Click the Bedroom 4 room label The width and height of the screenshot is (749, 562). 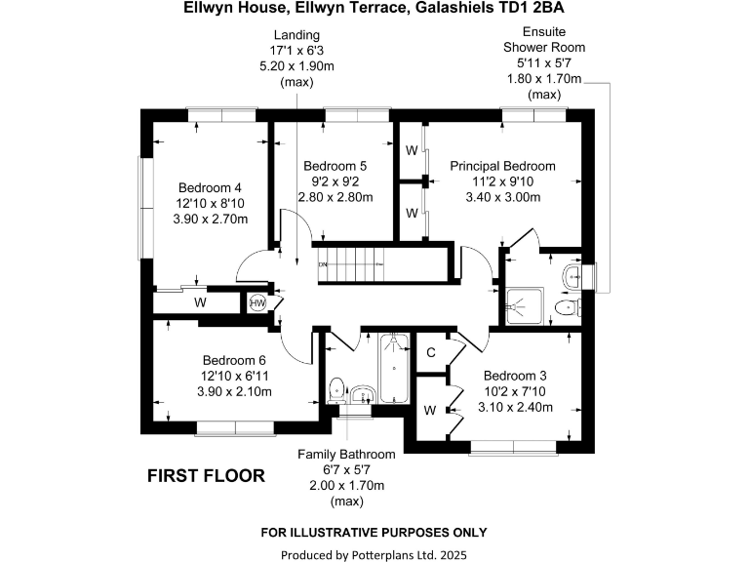tap(210, 187)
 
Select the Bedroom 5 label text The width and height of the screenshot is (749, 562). tap(335, 165)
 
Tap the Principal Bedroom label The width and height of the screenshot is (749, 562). tap(502, 166)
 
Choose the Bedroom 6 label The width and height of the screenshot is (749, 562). tap(234, 359)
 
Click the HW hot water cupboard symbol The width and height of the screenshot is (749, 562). tap(257, 303)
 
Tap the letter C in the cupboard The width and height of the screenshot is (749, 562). tap(430, 351)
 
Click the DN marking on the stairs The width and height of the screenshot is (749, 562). tap(323, 264)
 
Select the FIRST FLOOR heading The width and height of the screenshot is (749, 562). tap(206, 476)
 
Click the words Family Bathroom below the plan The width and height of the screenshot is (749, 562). tap(346, 455)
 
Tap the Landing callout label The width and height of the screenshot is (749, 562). tap(296, 35)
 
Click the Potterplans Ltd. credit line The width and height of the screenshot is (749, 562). tap(374, 554)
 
